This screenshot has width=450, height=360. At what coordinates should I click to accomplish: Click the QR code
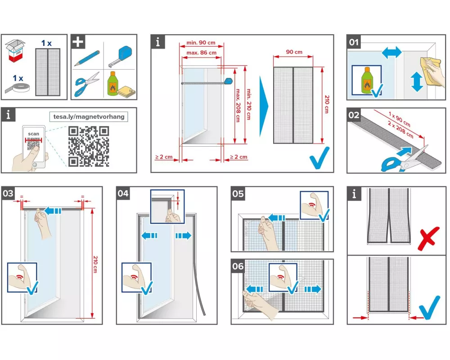89,146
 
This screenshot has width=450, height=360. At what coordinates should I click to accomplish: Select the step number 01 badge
355,42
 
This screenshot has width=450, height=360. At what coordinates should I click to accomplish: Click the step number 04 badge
124,193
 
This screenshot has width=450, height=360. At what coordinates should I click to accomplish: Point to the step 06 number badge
238,266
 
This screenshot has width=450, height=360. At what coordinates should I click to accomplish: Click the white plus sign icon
78,42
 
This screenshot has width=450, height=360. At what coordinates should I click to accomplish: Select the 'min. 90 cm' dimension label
200,43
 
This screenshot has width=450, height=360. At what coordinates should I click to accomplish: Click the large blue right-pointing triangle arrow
264,107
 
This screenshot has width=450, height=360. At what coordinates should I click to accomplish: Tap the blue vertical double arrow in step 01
416,81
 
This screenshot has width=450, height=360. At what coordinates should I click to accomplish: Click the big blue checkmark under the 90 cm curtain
319,156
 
